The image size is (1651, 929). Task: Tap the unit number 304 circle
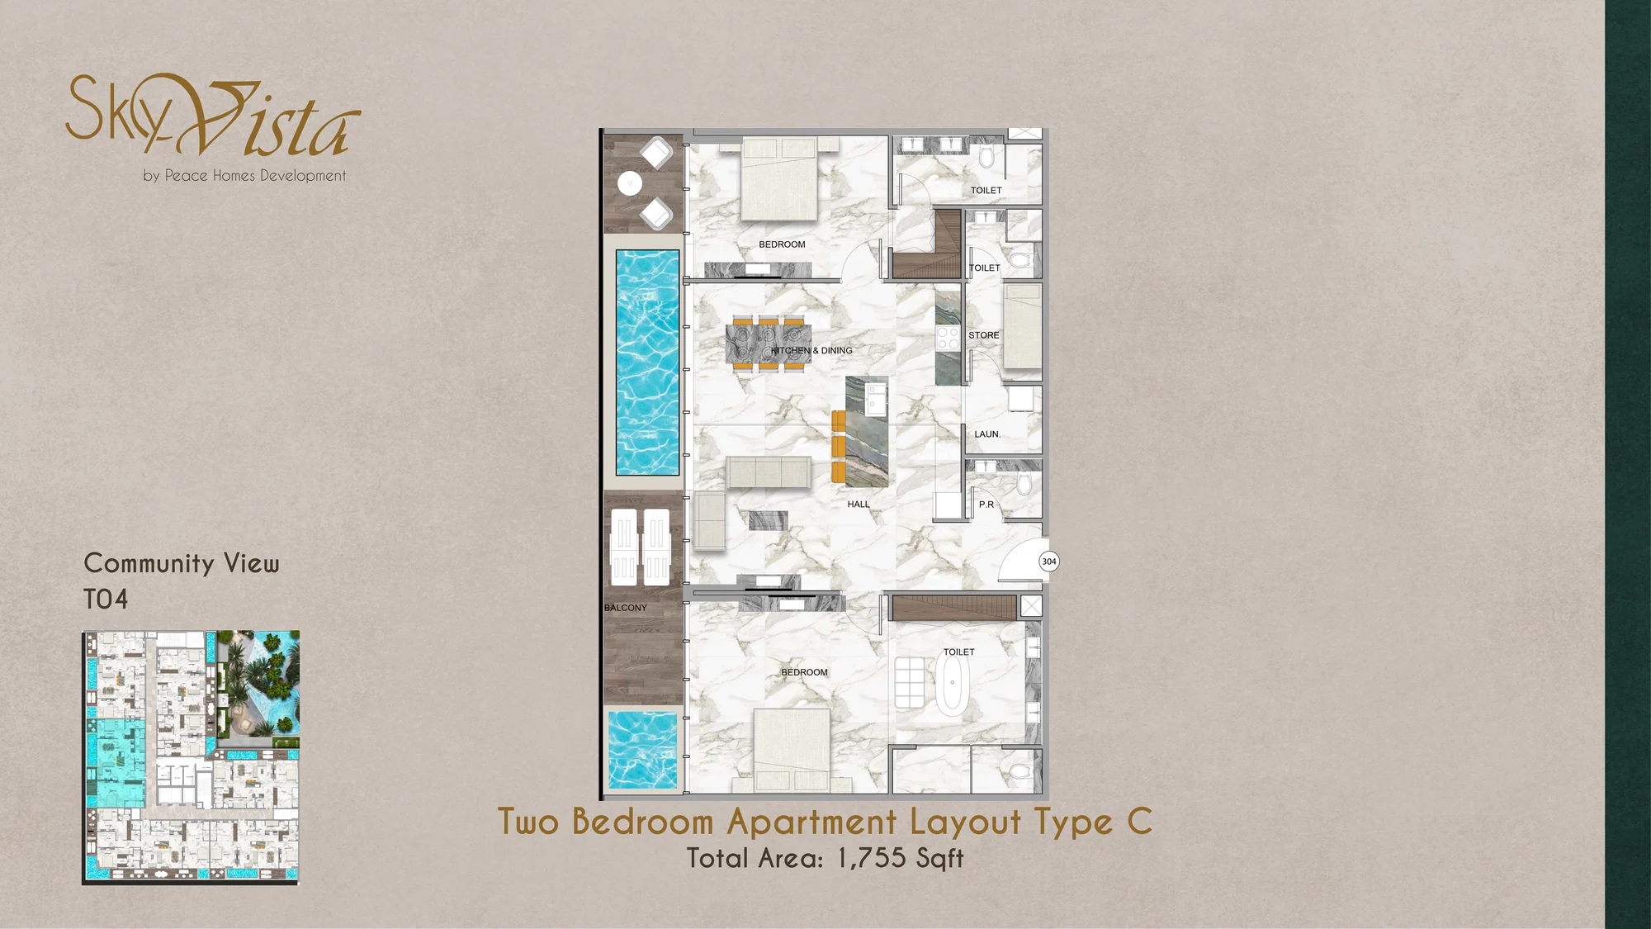[1048, 562]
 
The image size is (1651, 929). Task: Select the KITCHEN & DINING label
[811, 351]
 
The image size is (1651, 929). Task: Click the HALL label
[859, 505]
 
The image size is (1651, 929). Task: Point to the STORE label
[983, 335]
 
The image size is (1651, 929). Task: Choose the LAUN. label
[987, 434]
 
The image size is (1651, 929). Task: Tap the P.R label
[986, 505]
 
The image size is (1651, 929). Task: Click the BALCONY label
[626, 608]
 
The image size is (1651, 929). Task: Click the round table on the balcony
[630, 183]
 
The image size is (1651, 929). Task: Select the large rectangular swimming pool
[648, 363]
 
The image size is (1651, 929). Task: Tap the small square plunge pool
[642, 750]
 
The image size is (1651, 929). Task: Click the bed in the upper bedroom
[780, 179]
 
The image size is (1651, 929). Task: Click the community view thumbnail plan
[191, 758]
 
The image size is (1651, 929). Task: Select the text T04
[106, 600]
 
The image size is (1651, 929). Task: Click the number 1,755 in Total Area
[872, 858]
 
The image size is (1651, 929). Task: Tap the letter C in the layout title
[1139, 822]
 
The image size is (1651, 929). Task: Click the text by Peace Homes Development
[244, 176]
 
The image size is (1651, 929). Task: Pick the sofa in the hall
[769, 472]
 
